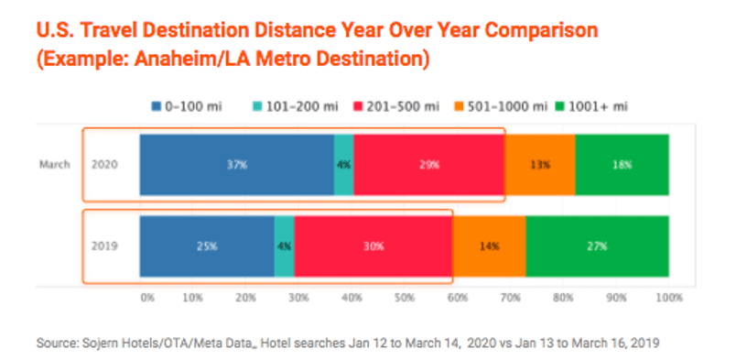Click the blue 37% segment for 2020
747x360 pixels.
tap(237, 165)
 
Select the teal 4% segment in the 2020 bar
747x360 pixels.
tap(344, 165)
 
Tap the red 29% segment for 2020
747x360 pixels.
tap(429, 165)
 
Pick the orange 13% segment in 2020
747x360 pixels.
tap(540, 165)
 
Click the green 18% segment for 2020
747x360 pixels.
tap(622, 165)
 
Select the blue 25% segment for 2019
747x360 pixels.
tap(207, 246)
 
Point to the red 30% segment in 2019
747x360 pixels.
tap(373, 246)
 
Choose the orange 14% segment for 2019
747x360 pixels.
tap(489, 246)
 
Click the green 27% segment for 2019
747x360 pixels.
tap(598, 246)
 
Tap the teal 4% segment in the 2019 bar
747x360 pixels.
tap(285, 246)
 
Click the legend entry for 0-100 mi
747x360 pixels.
tap(186, 106)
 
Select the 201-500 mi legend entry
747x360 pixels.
tap(396, 106)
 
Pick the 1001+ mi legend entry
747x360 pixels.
tap(591, 106)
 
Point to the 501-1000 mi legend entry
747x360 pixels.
tap(497, 106)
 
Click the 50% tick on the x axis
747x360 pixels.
tap(405, 298)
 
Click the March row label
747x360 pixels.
tap(55, 165)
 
